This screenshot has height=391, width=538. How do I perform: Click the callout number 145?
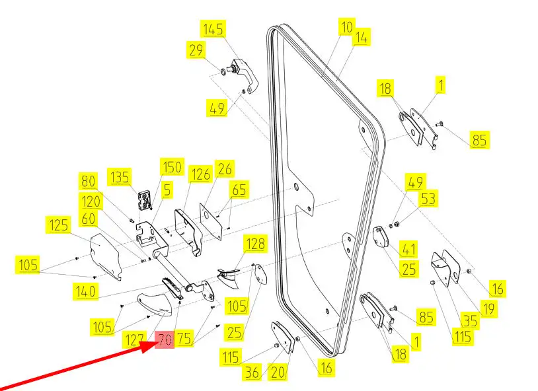pos(213,29)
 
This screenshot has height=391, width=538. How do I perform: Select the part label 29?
pos(196,50)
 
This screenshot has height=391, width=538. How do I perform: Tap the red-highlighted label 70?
pos(164,341)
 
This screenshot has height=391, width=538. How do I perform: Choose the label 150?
pos(171,167)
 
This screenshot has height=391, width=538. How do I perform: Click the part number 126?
pos(200,174)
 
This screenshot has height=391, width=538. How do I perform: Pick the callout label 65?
pos(239,191)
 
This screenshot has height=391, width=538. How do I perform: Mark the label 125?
pos(59,225)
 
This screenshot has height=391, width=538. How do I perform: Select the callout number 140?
pos(85,291)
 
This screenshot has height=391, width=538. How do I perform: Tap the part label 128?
pos(255,244)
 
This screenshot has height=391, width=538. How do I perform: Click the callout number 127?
pos(134,341)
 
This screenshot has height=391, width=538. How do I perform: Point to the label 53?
pos(428,198)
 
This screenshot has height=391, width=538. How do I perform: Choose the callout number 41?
pos(410,249)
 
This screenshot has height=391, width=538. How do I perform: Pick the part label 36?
pos(252,373)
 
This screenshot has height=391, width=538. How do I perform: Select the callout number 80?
pos(88,181)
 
